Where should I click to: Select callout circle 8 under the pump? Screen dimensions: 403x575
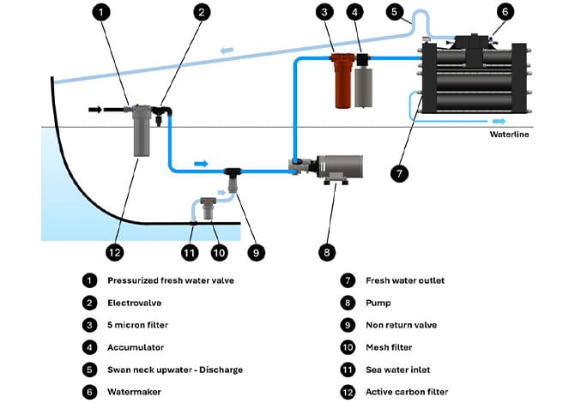[327, 252]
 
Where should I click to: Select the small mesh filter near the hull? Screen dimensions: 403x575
[209, 208]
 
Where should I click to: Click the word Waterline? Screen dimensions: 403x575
[510, 134]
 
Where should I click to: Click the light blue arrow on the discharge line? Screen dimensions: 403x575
[227, 51]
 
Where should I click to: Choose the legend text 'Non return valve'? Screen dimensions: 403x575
[402, 325]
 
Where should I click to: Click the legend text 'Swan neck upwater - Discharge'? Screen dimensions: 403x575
[175, 370]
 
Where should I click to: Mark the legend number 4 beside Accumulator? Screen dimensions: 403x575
[88, 347]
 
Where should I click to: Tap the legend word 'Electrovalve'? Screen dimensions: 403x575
[134, 303]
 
